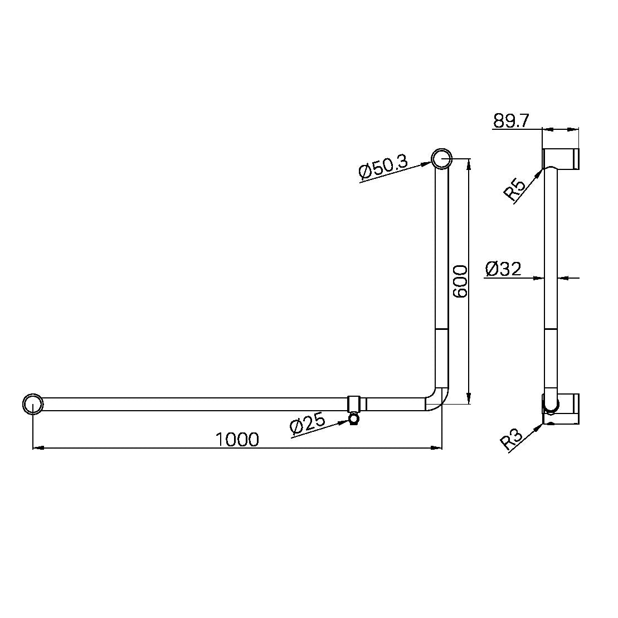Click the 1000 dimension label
(x=237, y=439)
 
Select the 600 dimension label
(x=460, y=281)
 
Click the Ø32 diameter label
(x=503, y=269)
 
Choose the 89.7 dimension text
(x=511, y=121)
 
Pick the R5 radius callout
(x=515, y=189)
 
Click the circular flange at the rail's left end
(x=33, y=403)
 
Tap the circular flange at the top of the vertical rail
(x=441, y=159)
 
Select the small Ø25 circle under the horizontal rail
(x=353, y=418)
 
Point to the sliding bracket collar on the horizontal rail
(x=354, y=403)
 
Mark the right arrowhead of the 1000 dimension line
(x=437, y=447)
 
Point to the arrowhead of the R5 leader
(x=541, y=170)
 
